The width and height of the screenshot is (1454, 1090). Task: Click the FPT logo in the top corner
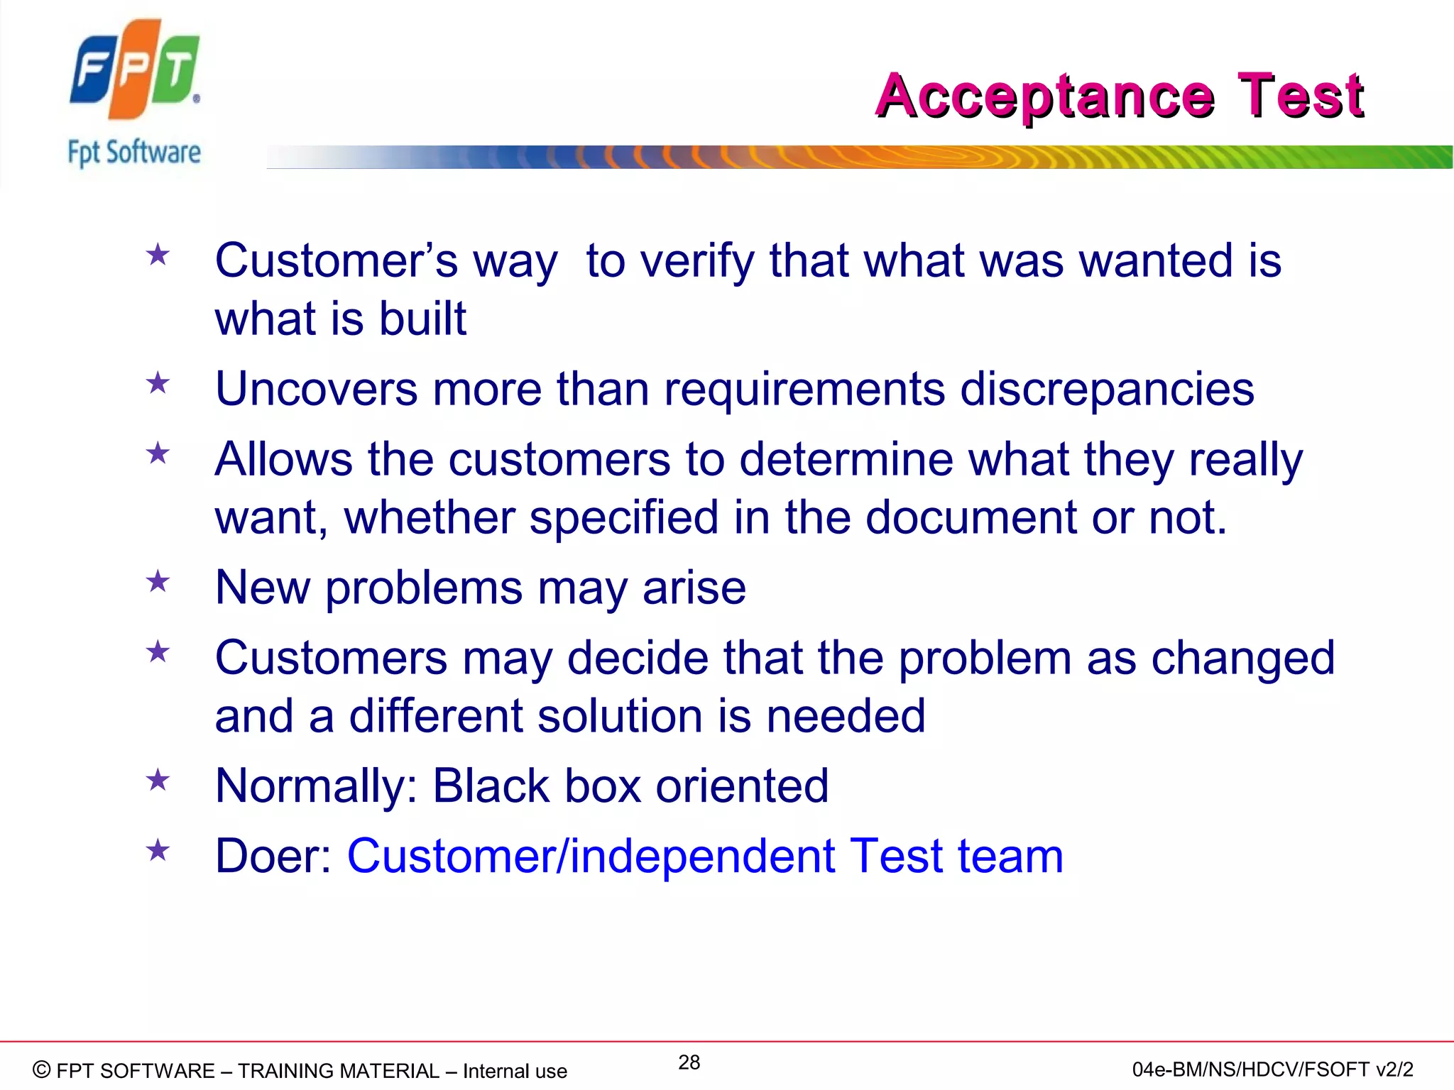pos(135,69)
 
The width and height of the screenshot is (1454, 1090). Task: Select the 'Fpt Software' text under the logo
pos(134,153)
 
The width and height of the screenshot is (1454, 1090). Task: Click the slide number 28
pos(689,1062)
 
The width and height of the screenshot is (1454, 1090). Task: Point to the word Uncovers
pos(317,389)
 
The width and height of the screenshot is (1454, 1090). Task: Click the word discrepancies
pos(1107,390)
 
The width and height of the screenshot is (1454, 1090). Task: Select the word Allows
pos(283,459)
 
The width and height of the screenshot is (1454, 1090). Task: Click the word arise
pos(694,588)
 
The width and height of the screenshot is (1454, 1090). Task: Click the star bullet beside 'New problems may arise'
pos(158,582)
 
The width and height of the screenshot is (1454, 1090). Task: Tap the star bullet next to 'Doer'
pos(158,850)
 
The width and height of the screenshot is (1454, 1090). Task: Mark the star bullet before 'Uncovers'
pos(158,384)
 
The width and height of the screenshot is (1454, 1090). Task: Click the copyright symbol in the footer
pos(42,1069)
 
